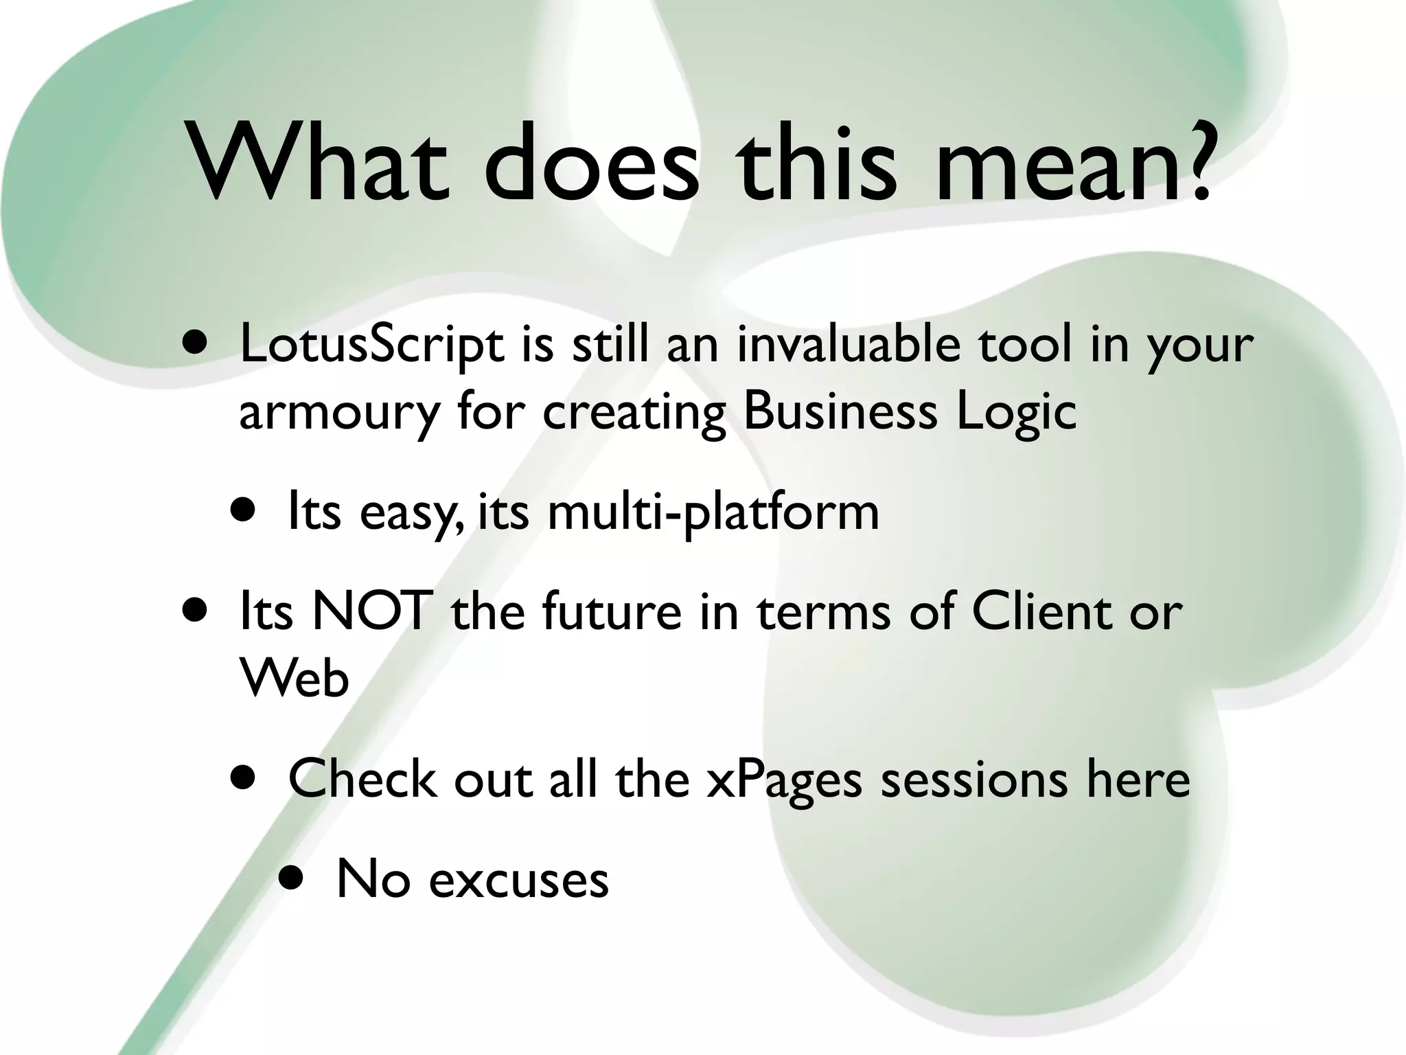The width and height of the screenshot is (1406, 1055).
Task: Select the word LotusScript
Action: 371,345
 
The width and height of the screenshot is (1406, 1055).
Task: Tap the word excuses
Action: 519,881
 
